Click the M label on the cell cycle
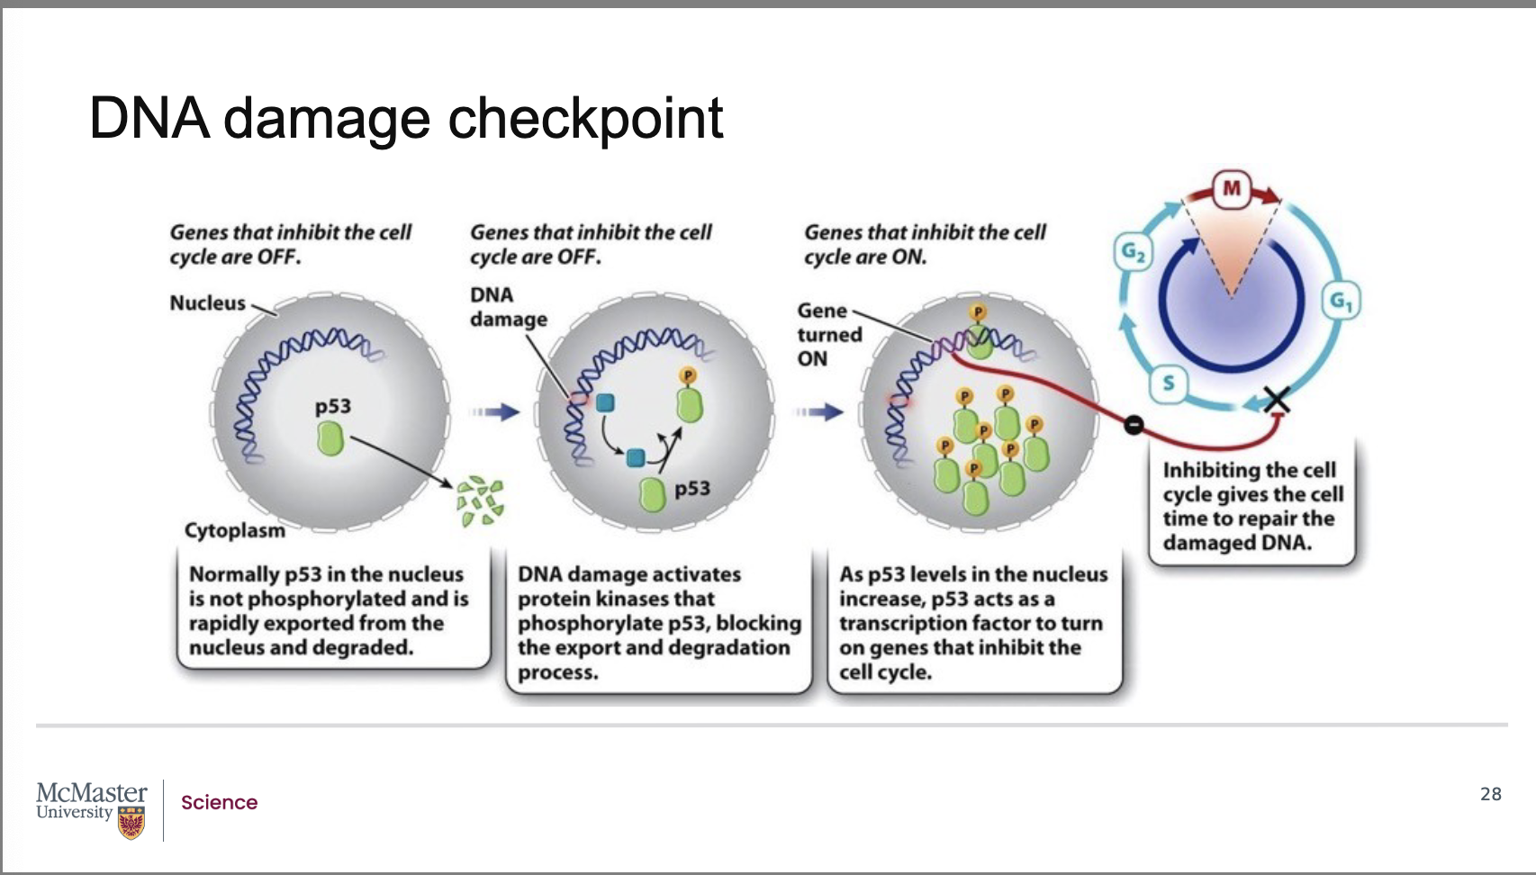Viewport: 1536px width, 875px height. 1232,188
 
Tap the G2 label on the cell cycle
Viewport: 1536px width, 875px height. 1133,253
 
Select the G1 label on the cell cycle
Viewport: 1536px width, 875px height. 1342,301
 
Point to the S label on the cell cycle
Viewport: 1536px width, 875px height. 1169,383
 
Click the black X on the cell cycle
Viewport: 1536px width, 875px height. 1277,400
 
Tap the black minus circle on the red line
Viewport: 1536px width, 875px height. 1134,425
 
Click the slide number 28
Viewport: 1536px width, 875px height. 1491,794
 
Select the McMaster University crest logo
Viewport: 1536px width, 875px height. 131,822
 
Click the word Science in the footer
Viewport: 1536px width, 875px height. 220,802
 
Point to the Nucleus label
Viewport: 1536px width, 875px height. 207,303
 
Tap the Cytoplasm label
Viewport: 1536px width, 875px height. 234,531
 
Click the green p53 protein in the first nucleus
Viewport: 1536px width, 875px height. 330,439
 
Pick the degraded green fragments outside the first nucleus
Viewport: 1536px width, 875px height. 481,501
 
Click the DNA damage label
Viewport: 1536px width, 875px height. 508,307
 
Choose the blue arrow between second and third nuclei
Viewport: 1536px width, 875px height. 818,412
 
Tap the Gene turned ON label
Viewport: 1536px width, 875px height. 830,335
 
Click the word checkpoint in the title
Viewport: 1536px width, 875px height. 585,120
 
